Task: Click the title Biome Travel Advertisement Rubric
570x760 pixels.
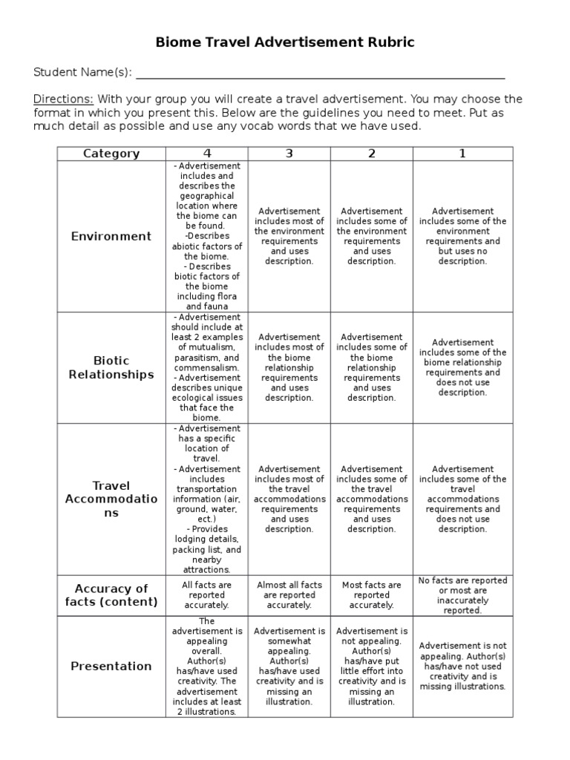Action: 285,43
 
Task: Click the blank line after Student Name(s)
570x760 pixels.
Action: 320,73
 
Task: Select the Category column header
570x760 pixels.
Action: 111,154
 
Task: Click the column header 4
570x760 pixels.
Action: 207,154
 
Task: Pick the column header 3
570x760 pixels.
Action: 289,154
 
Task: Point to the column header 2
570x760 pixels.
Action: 372,154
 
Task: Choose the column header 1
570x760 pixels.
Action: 462,154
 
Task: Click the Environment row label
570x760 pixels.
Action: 111,236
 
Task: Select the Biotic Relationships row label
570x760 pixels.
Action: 111,367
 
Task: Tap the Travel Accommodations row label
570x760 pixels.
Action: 111,499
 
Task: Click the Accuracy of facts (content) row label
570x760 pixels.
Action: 111,594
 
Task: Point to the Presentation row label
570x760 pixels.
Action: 111,666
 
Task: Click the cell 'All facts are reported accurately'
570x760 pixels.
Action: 207,594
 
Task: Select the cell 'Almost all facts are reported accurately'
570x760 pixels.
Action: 289,594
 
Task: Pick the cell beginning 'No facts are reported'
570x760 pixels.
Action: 462,594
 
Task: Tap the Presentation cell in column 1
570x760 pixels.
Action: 462,666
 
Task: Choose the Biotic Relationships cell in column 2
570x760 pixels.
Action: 372,367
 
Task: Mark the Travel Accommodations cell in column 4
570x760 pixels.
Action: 207,499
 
